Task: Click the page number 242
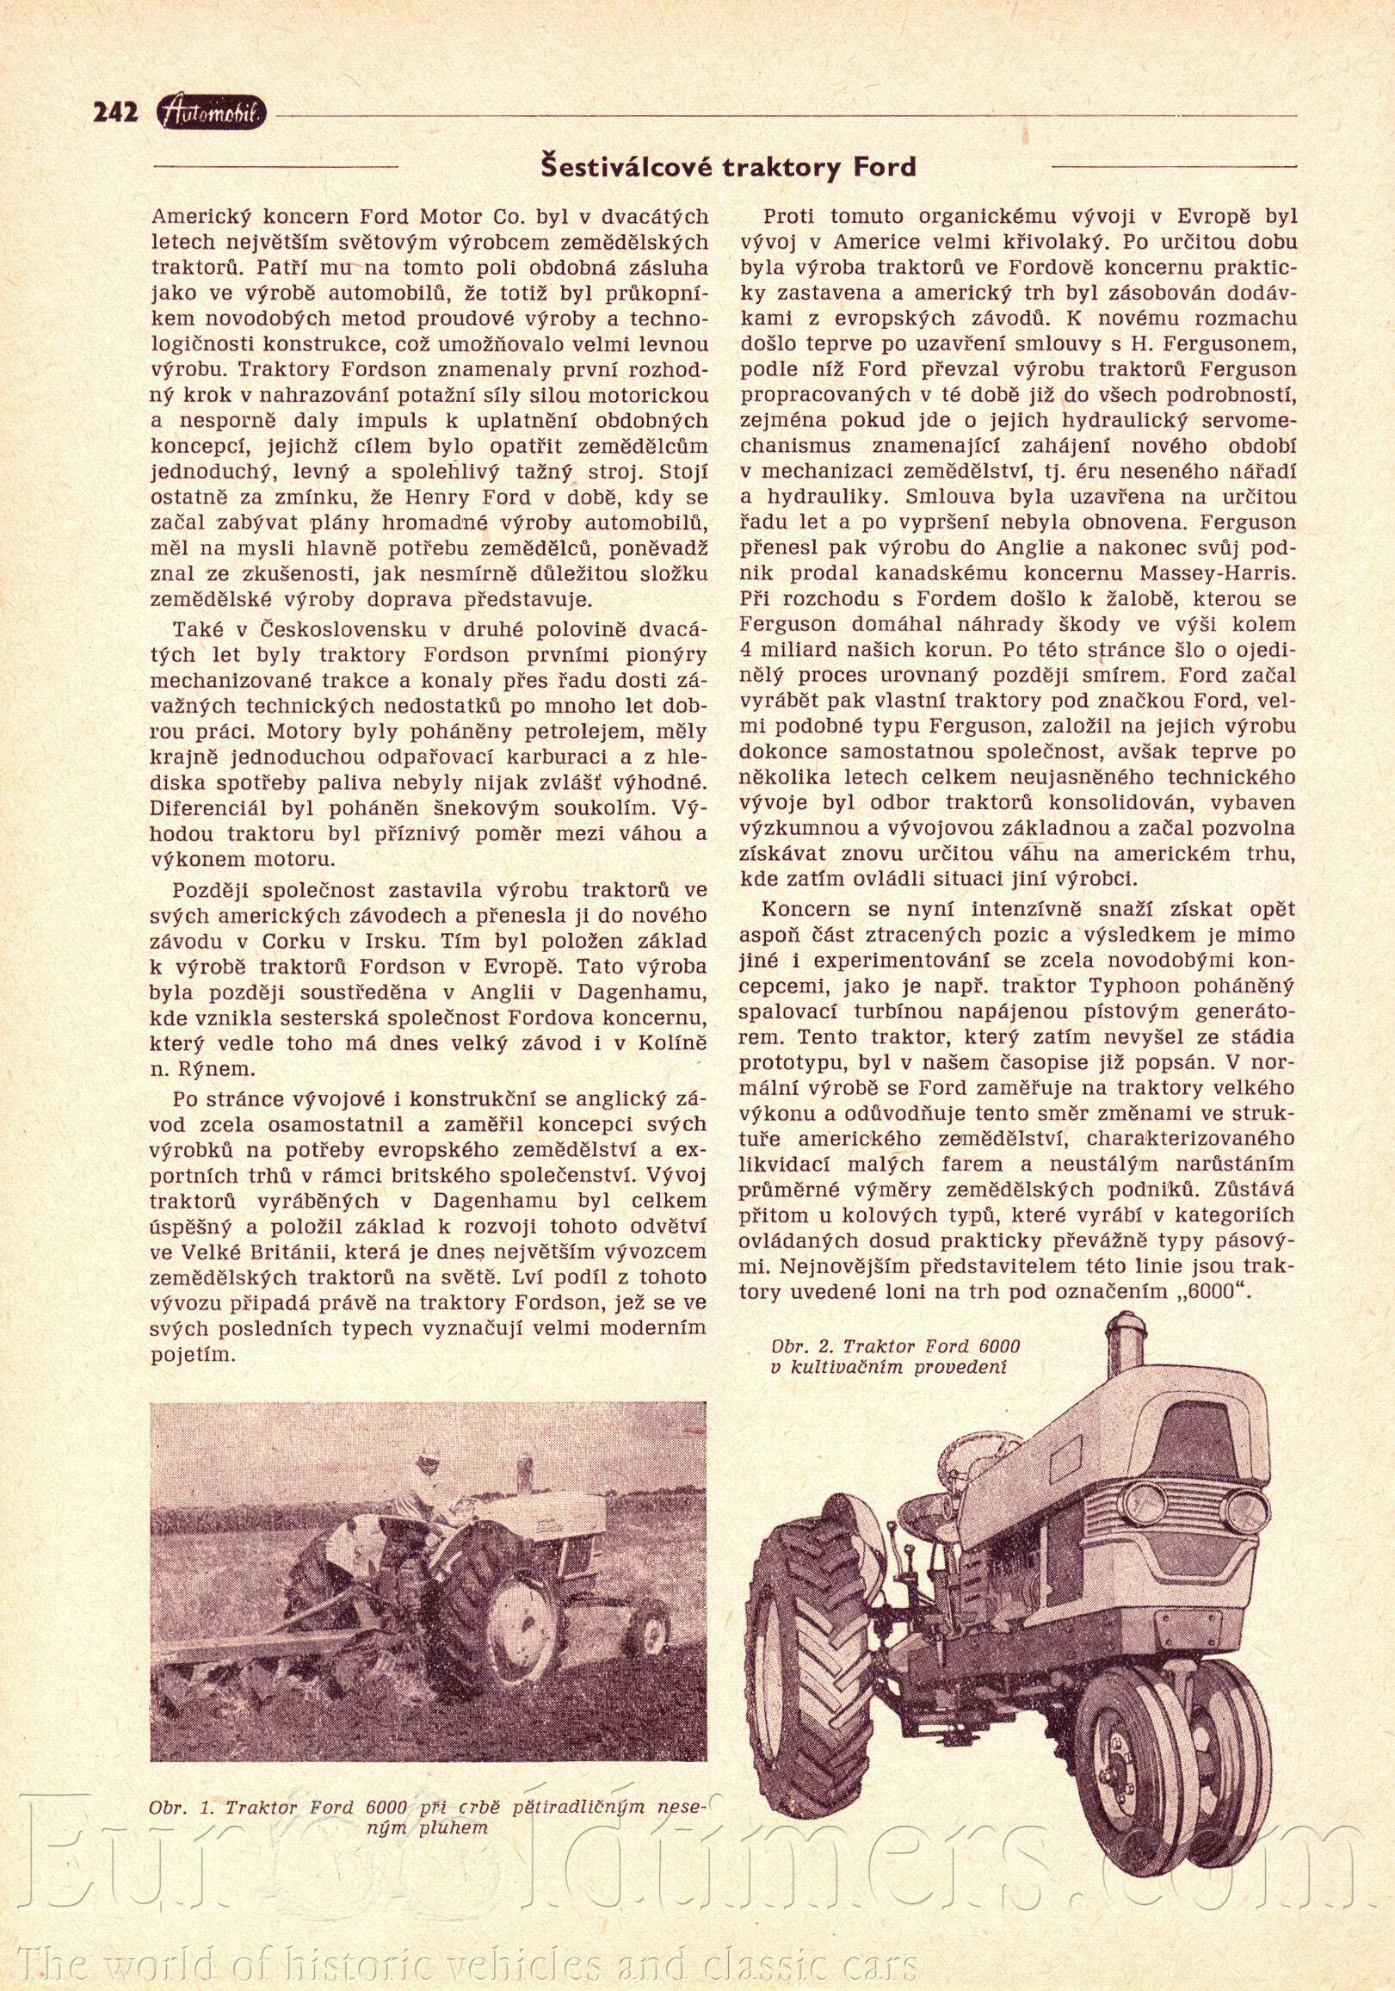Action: tap(115, 113)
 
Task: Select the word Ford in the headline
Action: tap(884, 166)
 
